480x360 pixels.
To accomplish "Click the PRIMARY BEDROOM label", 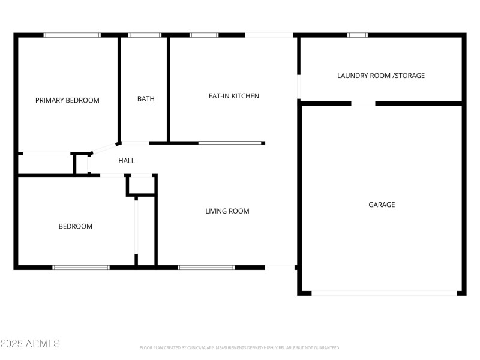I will tap(67, 100).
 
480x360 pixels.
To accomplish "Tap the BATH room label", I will tap(146, 99).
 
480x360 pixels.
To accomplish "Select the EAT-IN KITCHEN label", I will tap(233, 96).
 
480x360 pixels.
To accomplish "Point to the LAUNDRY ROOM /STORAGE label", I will tap(381, 76).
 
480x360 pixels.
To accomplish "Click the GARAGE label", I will tap(382, 205).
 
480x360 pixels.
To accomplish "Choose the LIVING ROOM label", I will tap(227, 211).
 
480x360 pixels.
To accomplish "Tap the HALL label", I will tap(127, 161).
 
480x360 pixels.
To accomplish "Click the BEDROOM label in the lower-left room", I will tap(75, 226).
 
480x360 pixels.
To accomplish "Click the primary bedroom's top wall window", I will tap(72, 35).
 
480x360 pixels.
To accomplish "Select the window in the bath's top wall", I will tap(145, 35).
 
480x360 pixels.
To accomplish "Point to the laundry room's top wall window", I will tap(358, 35).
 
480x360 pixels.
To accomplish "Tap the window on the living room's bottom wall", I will tap(206, 267).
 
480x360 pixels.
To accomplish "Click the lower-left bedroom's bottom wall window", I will tap(81, 267).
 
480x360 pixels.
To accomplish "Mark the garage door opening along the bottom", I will tap(384, 293).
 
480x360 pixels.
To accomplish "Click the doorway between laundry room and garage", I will tap(363, 104).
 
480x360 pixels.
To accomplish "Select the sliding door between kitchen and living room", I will tap(230, 143).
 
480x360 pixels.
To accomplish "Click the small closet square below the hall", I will tap(142, 185).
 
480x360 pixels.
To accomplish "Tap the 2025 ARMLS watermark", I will tap(30, 344).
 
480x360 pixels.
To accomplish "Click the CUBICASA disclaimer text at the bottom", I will tap(240, 347).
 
